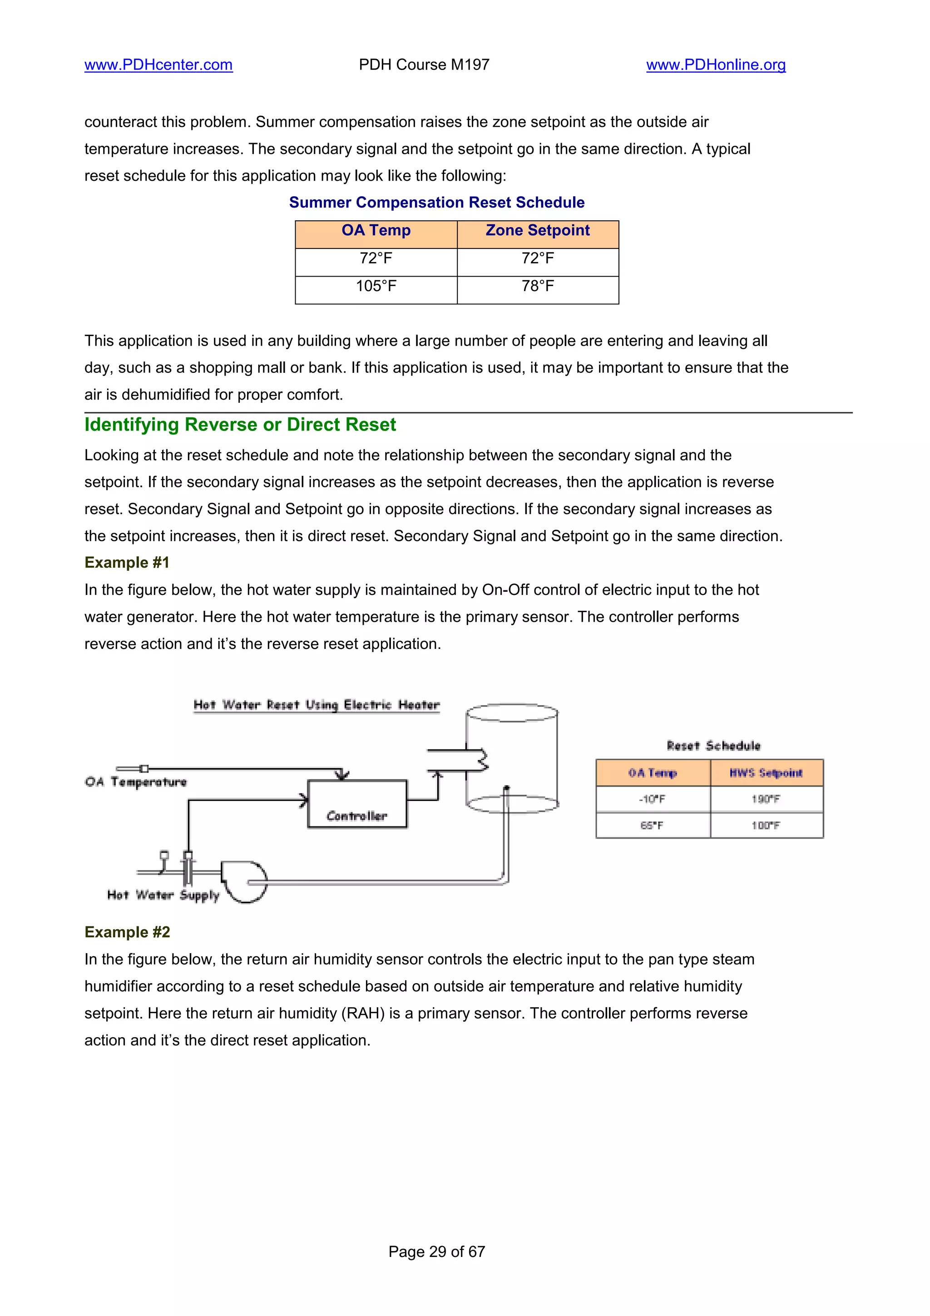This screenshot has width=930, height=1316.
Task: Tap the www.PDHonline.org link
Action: point(716,65)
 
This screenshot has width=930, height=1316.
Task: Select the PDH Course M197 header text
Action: point(424,65)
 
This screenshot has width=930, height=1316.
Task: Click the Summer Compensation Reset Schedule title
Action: point(437,203)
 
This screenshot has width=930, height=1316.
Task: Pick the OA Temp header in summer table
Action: point(376,230)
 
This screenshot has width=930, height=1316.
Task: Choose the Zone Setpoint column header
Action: point(538,230)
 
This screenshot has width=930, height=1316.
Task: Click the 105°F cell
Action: point(376,286)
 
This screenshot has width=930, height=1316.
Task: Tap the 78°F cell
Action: point(538,286)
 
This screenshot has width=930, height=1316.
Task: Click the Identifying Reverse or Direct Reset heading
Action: point(240,425)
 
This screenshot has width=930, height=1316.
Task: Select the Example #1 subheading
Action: point(127,562)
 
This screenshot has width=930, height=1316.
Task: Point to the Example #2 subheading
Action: point(127,932)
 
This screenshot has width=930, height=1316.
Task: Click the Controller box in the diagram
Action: point(357,804)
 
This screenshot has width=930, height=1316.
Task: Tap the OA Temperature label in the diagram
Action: point(136,782)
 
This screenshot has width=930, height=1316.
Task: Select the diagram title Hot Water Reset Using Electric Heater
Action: point(317,704)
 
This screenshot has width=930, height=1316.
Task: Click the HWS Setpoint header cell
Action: point(766,772)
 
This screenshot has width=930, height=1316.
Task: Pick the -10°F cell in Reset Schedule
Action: point(652,799)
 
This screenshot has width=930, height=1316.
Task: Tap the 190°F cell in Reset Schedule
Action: point(766,799)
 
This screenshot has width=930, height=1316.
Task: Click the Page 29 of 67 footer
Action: point(437,1252)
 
